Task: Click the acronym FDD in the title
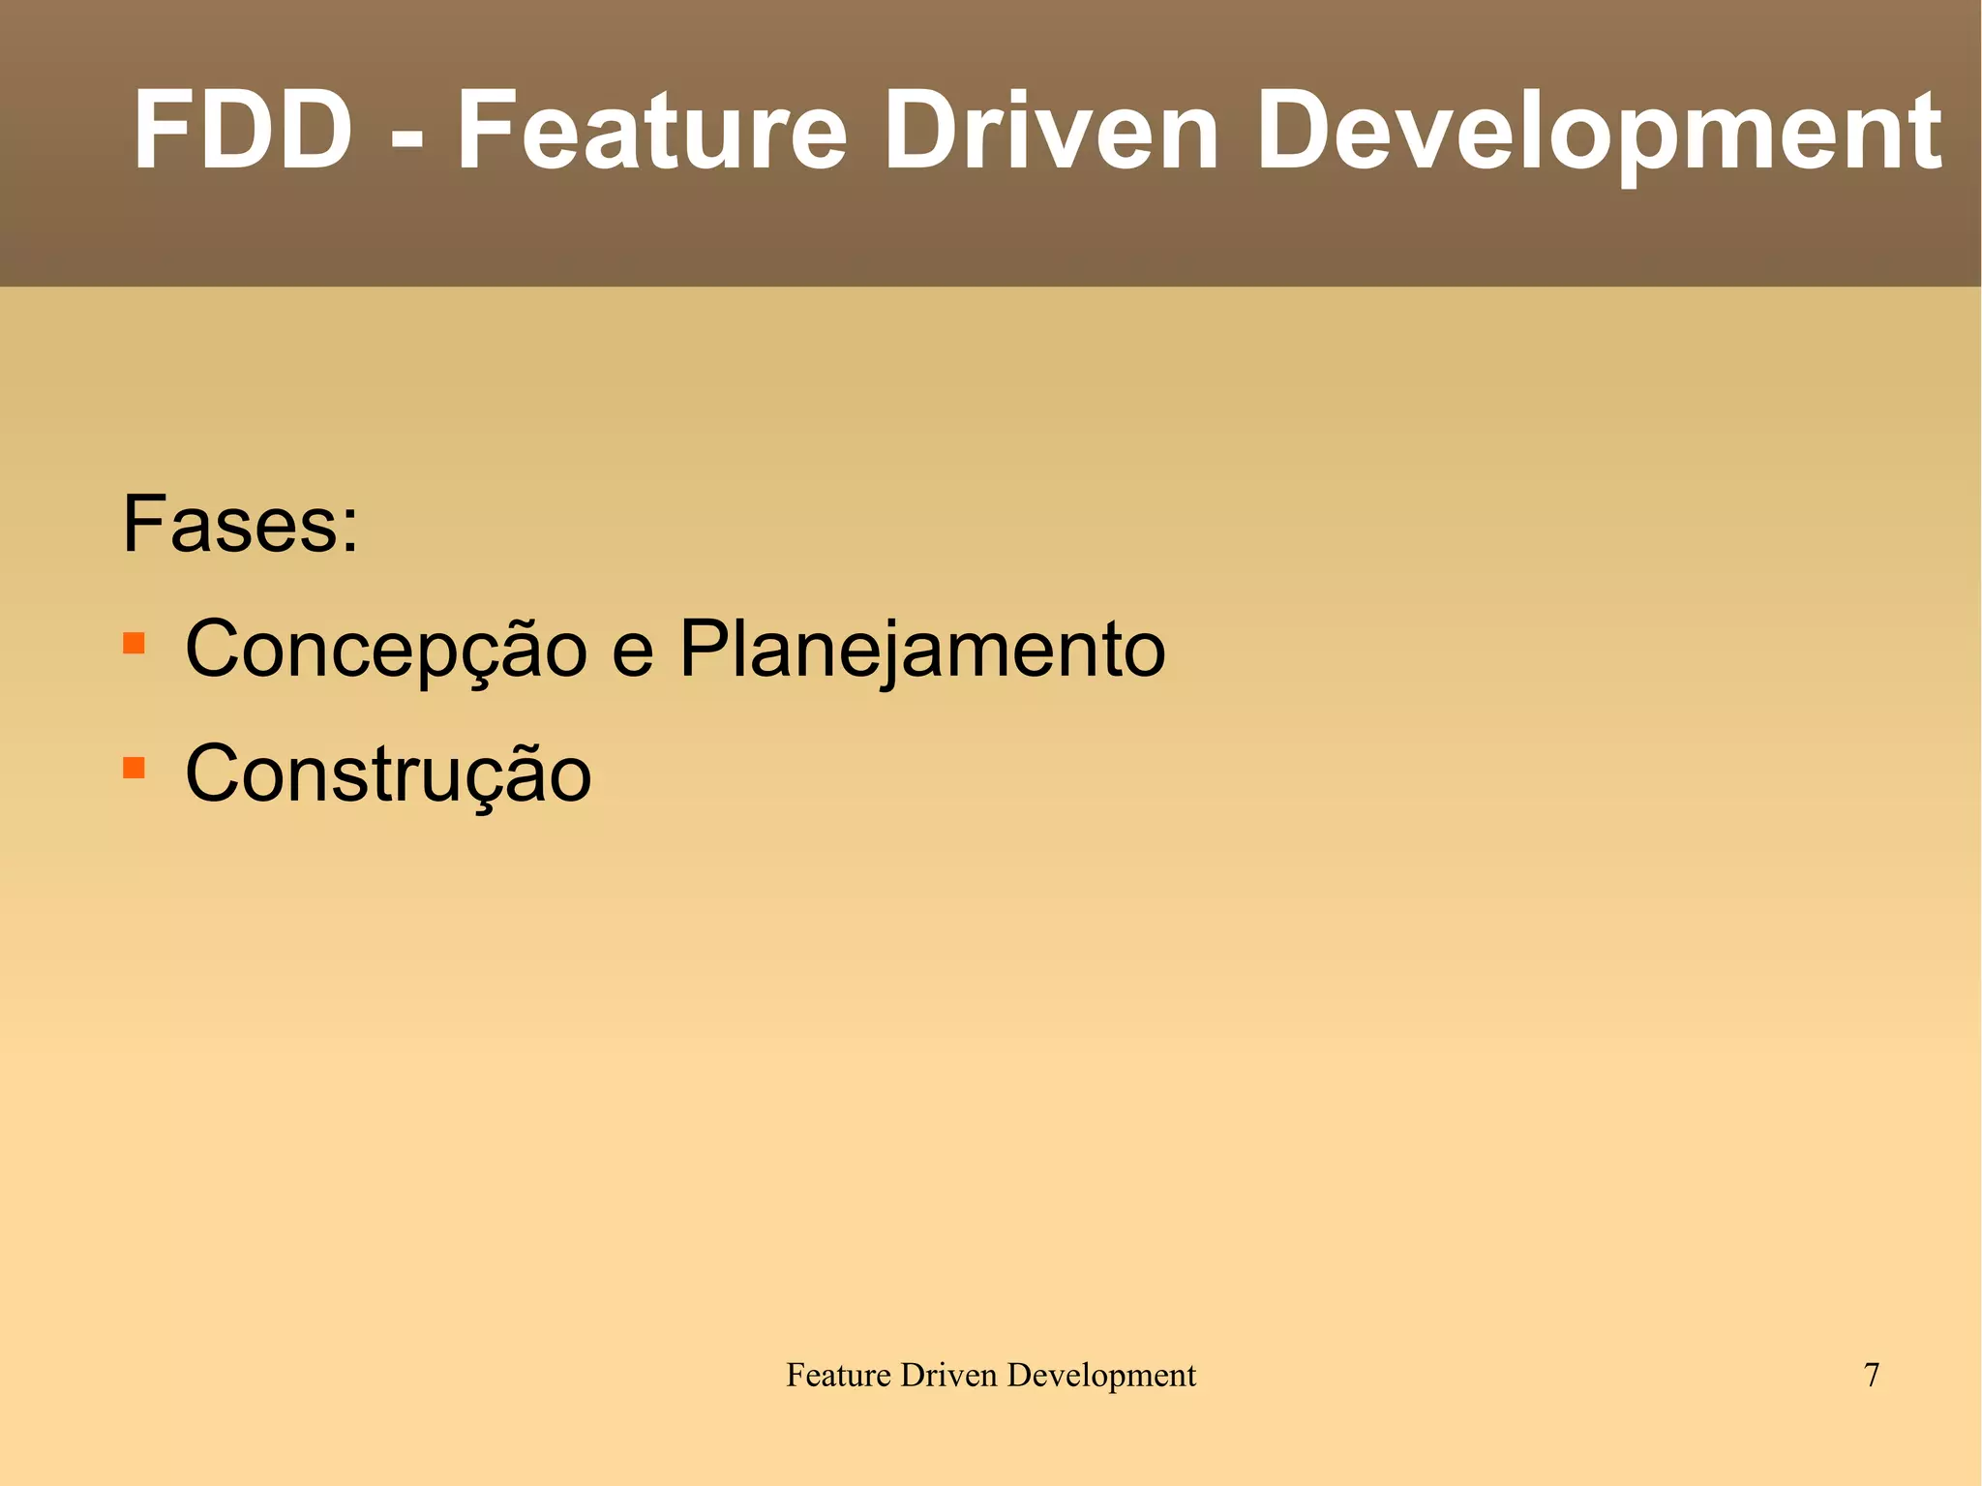point(243,131)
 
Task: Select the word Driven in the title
point(1050,131)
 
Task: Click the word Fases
point(229,525)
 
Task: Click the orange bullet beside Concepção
point(134,644)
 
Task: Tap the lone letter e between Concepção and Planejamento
point(633,656)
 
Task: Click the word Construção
point(387,774)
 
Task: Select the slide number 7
point(1871,1375)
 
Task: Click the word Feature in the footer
point(838,1375)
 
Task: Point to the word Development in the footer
point(1101,1375)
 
